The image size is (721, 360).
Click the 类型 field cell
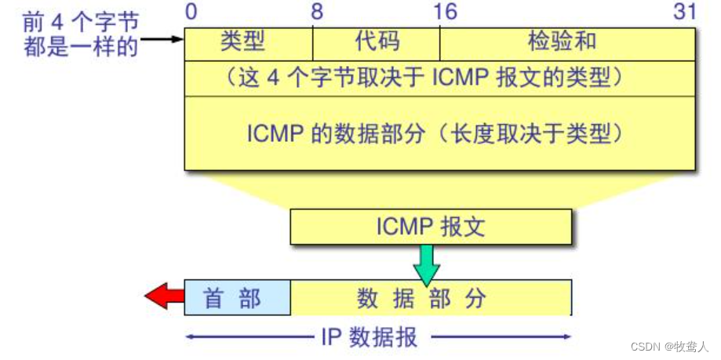pos(248,43)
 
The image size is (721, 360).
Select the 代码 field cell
pos(377,43)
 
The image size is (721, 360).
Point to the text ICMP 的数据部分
pos(314,133)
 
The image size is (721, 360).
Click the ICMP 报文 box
pos(431,227)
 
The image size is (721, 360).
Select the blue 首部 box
pos(237,298)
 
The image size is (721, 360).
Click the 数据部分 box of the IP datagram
pos(431,298)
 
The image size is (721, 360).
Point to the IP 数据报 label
pos(370,337)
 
